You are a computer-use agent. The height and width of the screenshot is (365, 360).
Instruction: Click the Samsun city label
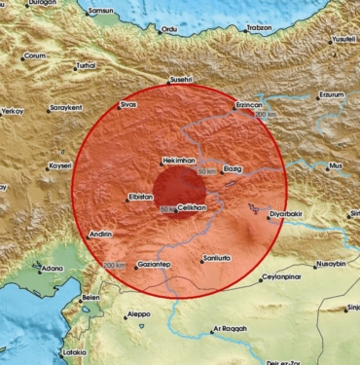click(x=101, y=11)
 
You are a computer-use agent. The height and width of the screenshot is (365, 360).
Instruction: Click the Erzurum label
click(x=330, y=95)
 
